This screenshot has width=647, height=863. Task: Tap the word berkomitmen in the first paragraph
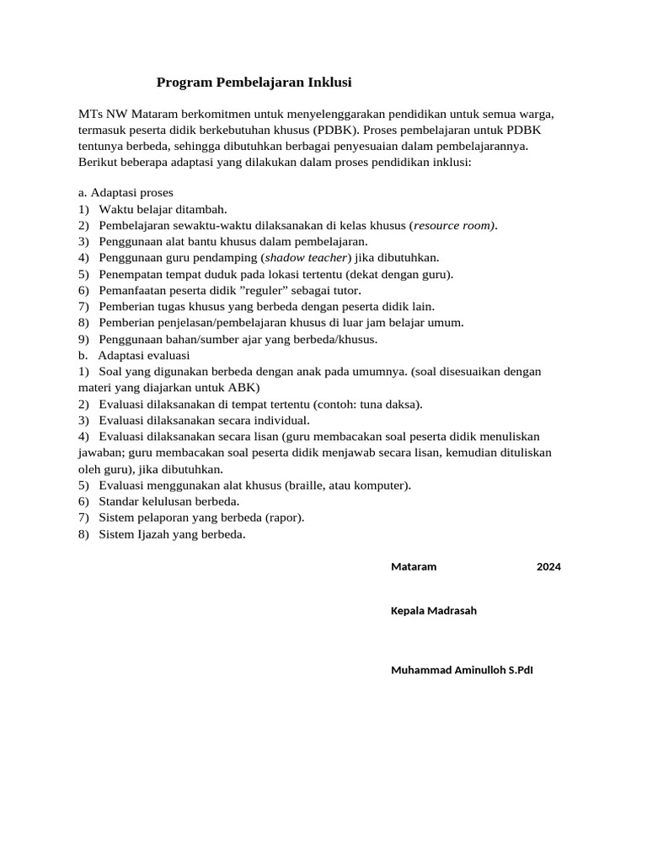click(206, 113)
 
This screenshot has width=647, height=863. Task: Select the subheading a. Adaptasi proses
click(126, 193)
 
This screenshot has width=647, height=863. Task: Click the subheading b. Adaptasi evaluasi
click(134, 355)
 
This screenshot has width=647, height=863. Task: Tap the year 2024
click(548, 566)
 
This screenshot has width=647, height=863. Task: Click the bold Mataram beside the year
click(414, 566)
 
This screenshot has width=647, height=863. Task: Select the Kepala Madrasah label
click(434, 610)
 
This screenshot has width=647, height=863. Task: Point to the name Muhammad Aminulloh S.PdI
click(462, 670)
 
